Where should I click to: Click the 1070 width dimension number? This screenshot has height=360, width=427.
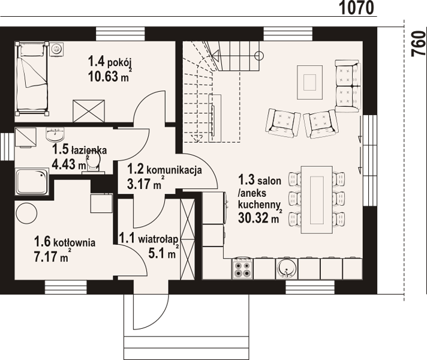click(357, 8)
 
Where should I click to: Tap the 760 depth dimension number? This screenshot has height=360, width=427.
click(419, 44)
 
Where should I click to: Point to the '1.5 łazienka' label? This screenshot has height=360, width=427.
click(80, 149)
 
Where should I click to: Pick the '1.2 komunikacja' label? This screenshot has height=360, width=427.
click(164, 170)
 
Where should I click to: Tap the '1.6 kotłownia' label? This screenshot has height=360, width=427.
click(65, 242)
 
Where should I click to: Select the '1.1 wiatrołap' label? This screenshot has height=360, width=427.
click(148, 239)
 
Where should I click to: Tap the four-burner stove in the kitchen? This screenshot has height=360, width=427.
click(242, 268)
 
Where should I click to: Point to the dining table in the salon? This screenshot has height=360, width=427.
click(317, 200)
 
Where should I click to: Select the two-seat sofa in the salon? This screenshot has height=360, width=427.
click(348, 86)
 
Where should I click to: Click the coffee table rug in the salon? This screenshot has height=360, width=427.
click(309, 82)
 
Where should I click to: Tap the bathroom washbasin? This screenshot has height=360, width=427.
click(56, 134)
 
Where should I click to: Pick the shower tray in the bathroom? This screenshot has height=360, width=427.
click(32, 181)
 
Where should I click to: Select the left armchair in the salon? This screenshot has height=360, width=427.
click(284, 122)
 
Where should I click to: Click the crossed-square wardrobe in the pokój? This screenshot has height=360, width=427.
click(89, 111)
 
